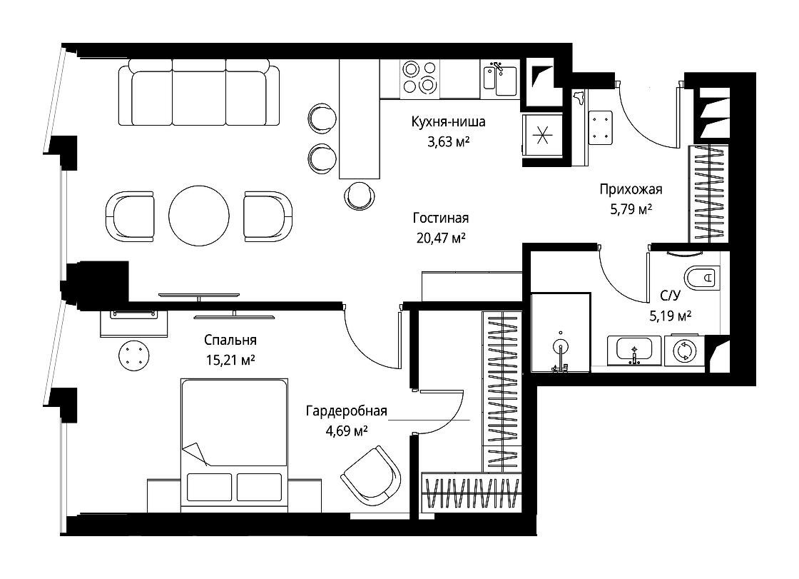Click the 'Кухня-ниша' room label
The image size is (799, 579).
449,122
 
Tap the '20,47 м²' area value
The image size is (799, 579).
442,238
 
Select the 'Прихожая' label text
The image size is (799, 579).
631,190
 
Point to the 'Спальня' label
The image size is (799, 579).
230,340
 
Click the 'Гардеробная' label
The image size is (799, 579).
347,411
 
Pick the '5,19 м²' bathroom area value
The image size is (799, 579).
670,316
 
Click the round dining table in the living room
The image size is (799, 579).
199,216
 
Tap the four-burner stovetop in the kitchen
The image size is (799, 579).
420,78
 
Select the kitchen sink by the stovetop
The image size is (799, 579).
499,79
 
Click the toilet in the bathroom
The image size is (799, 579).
702,278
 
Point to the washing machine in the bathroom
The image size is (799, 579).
684,351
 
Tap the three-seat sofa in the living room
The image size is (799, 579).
199,92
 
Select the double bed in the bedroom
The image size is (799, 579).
234,444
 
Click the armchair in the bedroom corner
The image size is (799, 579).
371,475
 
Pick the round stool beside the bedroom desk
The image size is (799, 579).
134,356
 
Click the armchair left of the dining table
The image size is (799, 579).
129,216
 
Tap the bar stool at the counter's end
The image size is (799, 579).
360,196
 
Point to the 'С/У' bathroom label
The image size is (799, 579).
670,296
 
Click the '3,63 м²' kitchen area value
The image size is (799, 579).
449,141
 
